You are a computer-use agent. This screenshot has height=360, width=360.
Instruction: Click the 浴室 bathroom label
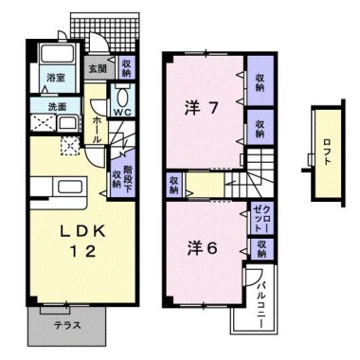56,78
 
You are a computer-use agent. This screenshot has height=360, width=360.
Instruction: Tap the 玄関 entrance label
98,68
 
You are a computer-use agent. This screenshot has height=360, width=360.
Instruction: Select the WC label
123,112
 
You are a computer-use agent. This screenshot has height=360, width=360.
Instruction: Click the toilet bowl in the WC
122,96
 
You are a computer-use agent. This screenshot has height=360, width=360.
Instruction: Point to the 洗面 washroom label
57,106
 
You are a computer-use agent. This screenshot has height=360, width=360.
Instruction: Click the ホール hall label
97,130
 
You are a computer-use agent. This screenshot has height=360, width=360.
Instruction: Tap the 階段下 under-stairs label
128,178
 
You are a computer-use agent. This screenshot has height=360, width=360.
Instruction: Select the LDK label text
82,232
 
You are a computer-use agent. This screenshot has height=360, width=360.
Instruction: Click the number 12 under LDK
82,252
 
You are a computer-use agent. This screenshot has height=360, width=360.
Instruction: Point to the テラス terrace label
66,325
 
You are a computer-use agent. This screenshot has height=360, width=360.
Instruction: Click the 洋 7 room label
201,109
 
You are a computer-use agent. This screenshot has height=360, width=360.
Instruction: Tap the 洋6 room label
202,249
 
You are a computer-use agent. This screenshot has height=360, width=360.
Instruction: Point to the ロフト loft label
327,152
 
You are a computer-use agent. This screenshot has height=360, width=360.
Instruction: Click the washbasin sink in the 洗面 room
68,122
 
